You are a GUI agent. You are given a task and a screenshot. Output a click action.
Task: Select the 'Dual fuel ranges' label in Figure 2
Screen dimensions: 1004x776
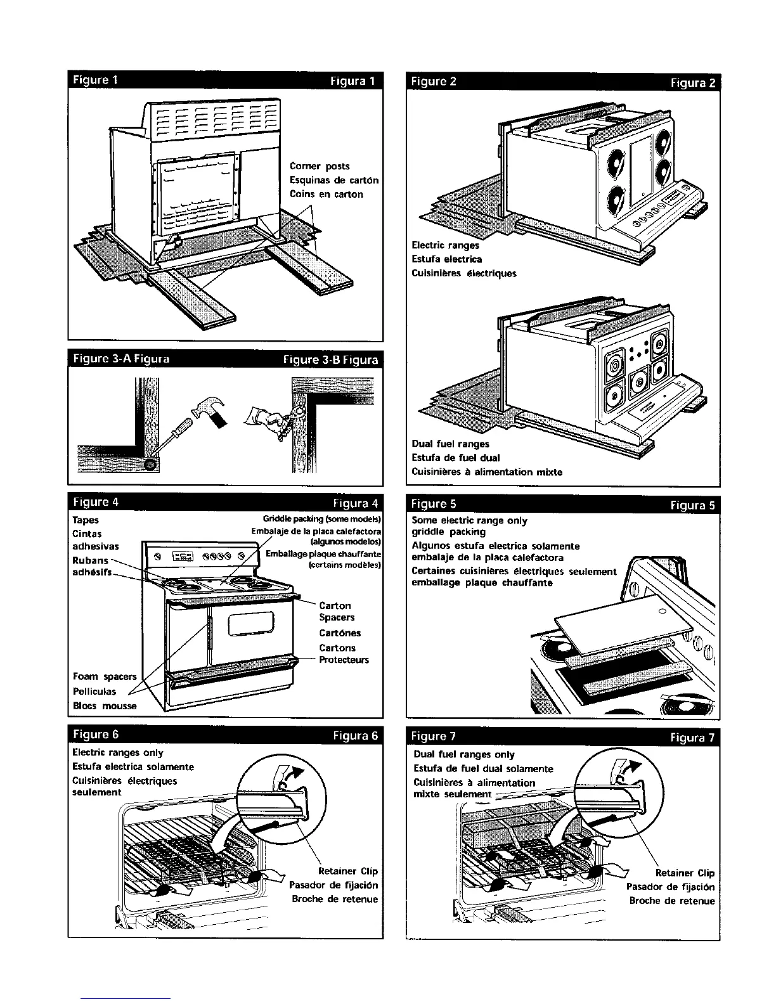pos(450,444)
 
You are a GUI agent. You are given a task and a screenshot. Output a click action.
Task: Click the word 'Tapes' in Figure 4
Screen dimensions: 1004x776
pos(86,520)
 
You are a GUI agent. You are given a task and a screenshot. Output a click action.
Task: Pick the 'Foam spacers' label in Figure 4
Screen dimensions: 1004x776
pos(105,677)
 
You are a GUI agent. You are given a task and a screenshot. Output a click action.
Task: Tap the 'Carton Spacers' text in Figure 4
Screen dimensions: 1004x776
pos(336,612)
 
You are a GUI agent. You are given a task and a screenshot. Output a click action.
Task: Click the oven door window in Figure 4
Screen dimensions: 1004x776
pos(250,626)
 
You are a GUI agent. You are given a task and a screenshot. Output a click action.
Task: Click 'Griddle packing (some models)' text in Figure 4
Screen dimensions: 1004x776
pos(321,520)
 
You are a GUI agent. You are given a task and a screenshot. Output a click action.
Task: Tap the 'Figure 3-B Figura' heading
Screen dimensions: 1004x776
pos(330,360)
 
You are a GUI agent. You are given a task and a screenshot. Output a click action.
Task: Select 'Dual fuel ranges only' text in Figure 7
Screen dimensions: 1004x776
pos(463,754)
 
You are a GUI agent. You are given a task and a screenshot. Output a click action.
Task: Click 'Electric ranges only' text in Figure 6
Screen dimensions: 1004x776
pos(118,753)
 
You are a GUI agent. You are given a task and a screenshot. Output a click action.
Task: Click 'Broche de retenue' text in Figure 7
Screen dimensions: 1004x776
pos(671,901)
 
